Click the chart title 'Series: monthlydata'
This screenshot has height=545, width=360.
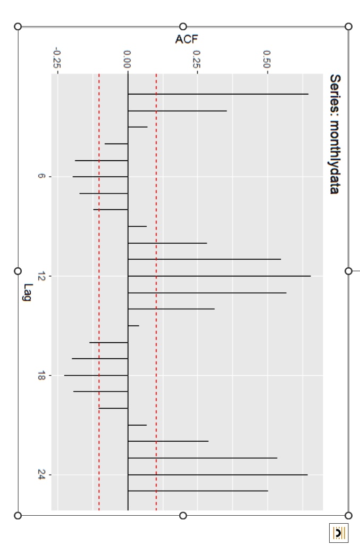pos(335,134)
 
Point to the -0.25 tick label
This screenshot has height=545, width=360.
pos(57,58)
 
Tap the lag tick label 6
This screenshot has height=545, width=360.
pos(42,177)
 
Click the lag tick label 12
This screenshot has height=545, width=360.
pos(42,276)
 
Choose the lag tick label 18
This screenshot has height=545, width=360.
pos(42,376)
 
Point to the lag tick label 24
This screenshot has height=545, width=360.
pos(42,475)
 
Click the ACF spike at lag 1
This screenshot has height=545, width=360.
pos(218,94)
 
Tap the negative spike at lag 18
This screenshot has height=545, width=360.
pos(96,376)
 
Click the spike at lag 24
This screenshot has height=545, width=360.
pos(218,475)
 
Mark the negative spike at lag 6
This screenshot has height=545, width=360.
pos(101,177)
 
